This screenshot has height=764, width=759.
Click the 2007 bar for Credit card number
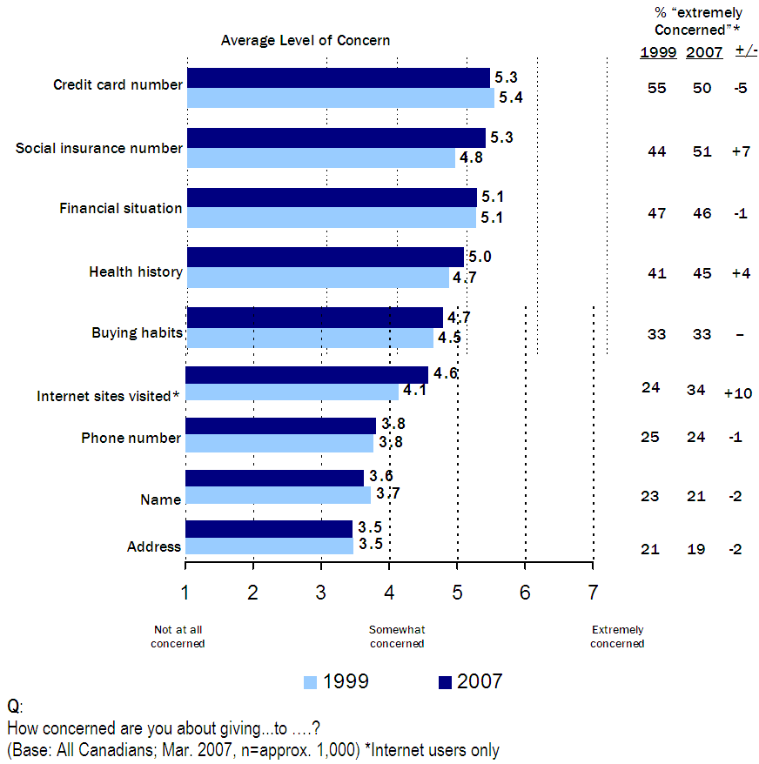[x=339, y=78]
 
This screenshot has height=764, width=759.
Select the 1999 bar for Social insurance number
[x=320, y=158]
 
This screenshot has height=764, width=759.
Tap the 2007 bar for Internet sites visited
[x=306, y=375]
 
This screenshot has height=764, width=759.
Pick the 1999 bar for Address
[x=269, y=546]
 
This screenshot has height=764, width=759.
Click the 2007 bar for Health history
[x=325, y=257]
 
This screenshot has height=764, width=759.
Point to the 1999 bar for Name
[x=278, y=495]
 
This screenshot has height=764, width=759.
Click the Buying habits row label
[x=137, y=332]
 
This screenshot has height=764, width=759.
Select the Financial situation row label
[x=121, y=208]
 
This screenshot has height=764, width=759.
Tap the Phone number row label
[x=131, y=438]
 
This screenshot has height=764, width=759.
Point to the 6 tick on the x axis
[x=525, y=593]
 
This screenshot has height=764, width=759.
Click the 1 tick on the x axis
[x=185, y=593]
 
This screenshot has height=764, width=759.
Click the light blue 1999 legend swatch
[x=310, y=682]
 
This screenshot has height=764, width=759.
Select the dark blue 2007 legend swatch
[x=444, y=682]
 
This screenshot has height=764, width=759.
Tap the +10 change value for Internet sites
[x=737, y=393]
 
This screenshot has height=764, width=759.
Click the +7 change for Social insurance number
[x=740, y=151]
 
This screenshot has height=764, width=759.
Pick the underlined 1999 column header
[x=658, y=51]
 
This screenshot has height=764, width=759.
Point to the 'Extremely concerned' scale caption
[x=617, y=637]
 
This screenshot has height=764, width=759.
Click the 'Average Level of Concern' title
[x=305, y=40]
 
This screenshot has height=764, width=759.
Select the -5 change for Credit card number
[x=741, y=89]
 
